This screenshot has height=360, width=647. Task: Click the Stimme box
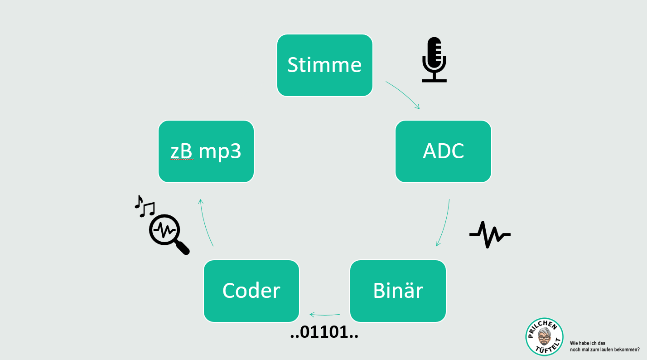click(324, 65)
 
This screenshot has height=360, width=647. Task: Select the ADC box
click(443, 151)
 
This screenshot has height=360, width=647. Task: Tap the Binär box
click(398, 291)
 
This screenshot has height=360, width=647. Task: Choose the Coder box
click(251, 291)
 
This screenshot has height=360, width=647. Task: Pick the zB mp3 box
click(206, 151)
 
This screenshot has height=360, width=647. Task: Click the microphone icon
click(434, 59)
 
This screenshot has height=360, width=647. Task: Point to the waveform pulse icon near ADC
click(489, 234)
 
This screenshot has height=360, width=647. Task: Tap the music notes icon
click(145, 206)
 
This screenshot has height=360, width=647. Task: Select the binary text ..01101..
click(324, 334)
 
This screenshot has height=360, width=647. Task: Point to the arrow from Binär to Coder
click(324, 314)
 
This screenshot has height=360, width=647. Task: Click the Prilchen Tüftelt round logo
click(544, 336)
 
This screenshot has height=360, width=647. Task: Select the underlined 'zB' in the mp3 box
click(182, 152)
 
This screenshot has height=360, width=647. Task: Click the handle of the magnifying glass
click(183, 248)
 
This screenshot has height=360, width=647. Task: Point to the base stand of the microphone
click(434, 80)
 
